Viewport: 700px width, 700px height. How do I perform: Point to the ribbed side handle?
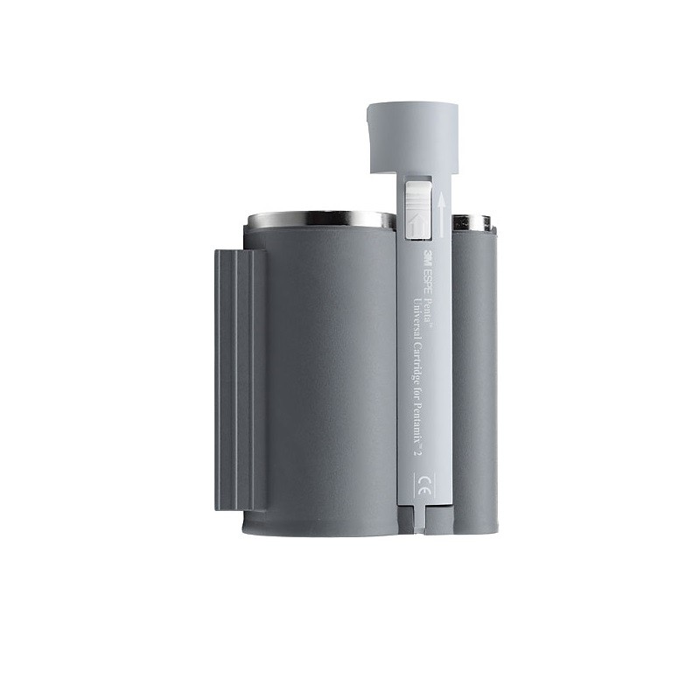click(x=239, y=379)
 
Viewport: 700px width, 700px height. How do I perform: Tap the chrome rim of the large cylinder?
click(x=319, y=219)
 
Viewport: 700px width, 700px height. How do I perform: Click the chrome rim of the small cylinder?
click(x=472, y=222)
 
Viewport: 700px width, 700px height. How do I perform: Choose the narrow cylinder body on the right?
click(x=474, y=376)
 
